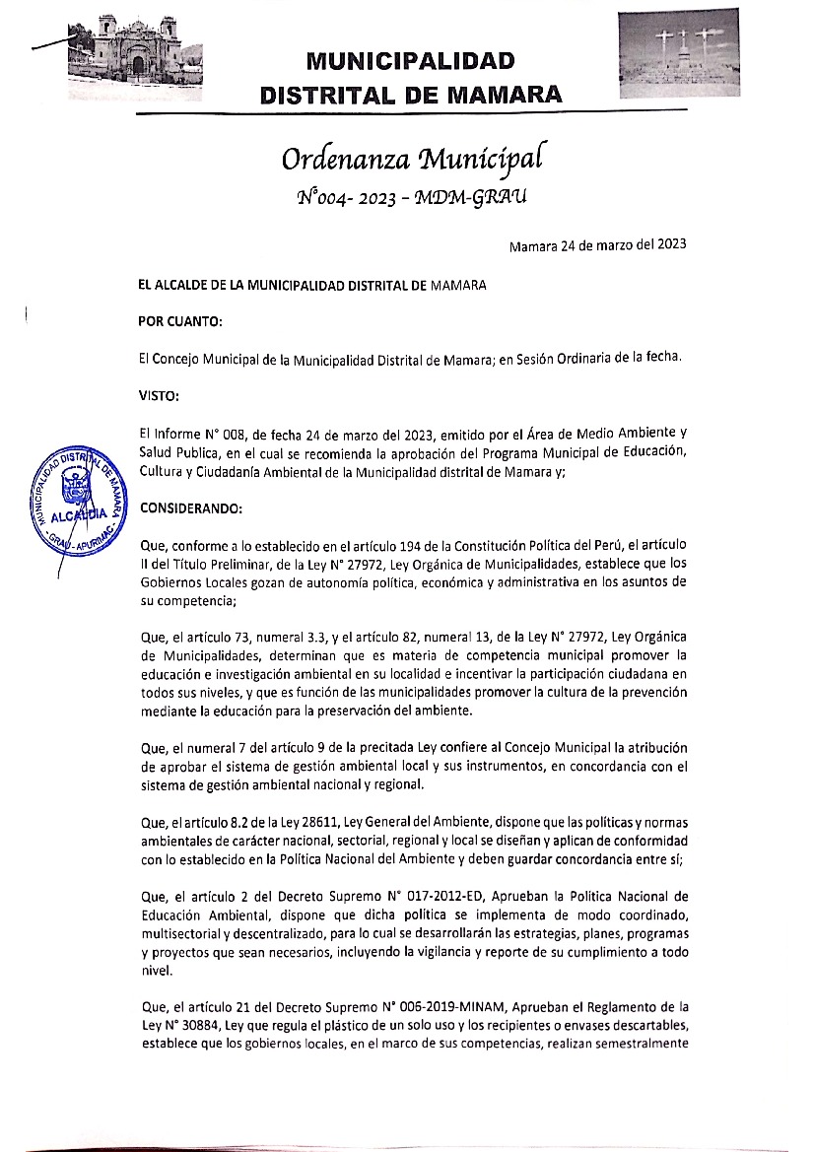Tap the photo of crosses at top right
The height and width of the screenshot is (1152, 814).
click(678, 53)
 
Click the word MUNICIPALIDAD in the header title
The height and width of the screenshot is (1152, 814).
click(410, 61)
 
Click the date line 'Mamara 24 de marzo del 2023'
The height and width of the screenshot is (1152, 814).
click(597, 245)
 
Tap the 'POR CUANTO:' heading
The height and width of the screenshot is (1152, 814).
click(180, 321)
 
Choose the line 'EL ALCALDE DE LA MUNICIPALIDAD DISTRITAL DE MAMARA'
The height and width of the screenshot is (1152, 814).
click(312, 286)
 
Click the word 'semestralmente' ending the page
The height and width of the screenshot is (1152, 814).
click(639, 1044)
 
